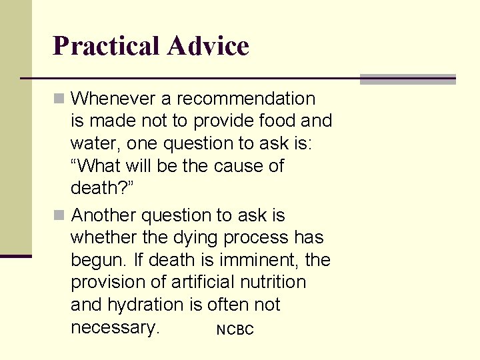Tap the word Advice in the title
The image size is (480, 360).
click(x=208, y=46)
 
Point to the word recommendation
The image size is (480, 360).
click(x=246, y=99)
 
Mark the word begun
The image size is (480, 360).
click(x=96, y=260)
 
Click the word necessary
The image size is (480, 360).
click(x=115, y=327)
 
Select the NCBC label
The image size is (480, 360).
click(x=235, y=330)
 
